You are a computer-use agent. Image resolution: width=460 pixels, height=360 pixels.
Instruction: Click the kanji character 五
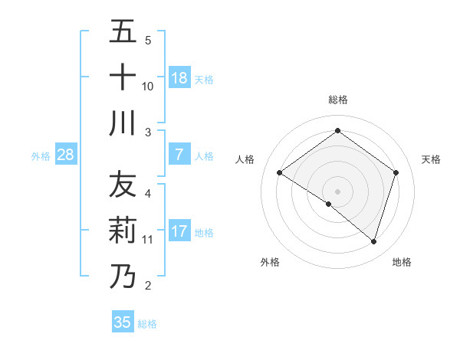[x=123, y=31]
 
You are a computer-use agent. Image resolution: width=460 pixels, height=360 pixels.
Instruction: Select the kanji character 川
[x=123, y=123]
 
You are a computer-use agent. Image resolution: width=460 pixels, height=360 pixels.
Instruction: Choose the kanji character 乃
[x=123, y=277]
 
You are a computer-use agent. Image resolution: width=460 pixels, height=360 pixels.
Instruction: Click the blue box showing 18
[x=179, y=77]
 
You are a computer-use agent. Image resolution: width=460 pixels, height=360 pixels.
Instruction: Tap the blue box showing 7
[x=179, y=155]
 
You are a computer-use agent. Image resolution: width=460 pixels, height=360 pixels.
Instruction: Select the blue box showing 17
[x=179, y=231]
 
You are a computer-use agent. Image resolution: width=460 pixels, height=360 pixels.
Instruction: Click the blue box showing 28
[x=66, y=155]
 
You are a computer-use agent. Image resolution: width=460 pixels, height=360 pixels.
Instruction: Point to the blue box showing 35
[x=123, y=322]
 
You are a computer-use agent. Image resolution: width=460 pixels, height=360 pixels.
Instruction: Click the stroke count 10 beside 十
[x=148, y=86]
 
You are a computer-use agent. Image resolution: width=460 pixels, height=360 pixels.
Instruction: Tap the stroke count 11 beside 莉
[x=148, y=240]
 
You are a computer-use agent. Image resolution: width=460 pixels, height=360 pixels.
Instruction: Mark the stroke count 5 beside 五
[x=148, y=40]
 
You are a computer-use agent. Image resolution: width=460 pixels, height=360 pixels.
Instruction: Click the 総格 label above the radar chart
[x=337, y=100]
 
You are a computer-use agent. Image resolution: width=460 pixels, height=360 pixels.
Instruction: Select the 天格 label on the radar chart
[x=432, y=159]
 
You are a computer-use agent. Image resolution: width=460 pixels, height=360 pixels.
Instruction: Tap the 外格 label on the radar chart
[x=270, y=262]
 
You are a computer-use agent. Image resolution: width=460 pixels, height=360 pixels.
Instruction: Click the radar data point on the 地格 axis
[x=373, y=241]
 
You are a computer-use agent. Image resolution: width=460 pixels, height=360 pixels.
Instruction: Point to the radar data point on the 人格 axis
[x=280, y=173]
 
